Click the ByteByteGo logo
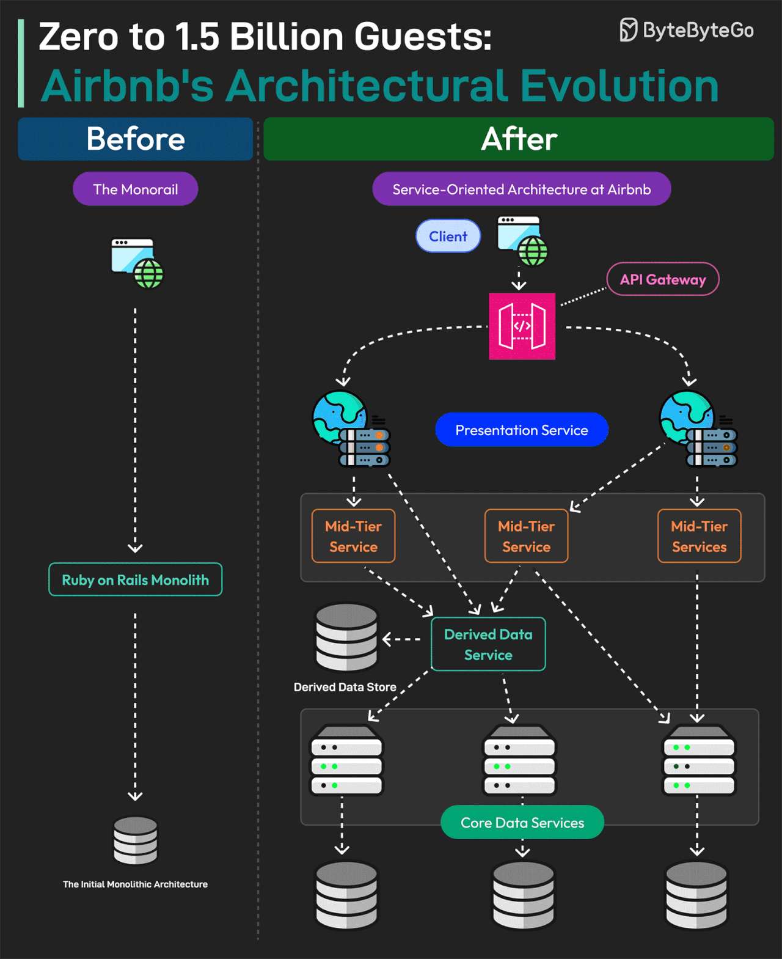pos(687,30)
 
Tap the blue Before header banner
pos(135,139)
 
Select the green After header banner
pos(518,139)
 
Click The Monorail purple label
pos(135,189)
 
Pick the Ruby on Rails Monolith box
pos(135,579)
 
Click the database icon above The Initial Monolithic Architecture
pos(135,840)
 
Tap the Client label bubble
pos(448,236)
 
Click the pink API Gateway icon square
pos(522,326)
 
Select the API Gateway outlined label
pos(662,279)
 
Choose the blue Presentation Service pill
pos(521,430)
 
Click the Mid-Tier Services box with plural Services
pos(699,536)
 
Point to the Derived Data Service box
pos(488,644)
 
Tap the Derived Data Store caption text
pos(345,687)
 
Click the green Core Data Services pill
pos(522,823)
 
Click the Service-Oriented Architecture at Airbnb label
pos(521,189)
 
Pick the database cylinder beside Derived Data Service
pos(346,637)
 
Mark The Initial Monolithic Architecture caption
pos(135,884)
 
